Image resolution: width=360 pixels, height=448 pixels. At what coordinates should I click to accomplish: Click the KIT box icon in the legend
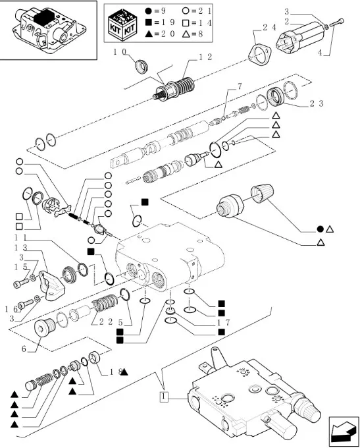click(122, 24)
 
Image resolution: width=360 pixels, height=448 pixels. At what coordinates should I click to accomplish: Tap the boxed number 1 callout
click(164, 397)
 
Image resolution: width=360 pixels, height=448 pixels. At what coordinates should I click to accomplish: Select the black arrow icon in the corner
click(344, 432)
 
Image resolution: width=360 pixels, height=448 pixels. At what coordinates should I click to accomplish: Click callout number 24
click(269, 27)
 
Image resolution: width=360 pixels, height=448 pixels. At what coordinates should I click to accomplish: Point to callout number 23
click(317, 103)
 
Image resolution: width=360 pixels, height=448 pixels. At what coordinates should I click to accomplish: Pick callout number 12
click(205, 57)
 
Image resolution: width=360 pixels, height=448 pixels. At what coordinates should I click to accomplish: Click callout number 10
click(120, 52)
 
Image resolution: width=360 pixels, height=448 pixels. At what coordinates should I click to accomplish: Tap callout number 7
click(240, 86)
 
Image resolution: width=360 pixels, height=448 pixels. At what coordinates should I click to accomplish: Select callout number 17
click(223, 323)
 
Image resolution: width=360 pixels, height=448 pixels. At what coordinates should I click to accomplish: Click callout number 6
click(24, 349)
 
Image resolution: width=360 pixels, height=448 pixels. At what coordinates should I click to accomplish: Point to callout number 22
click(106, 322)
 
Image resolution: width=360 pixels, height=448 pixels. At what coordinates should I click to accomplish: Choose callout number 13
click(20, 248)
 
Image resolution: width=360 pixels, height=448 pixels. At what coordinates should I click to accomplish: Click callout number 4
click(320, 53)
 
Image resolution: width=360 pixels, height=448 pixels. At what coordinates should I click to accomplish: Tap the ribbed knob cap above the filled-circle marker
click(262, 194)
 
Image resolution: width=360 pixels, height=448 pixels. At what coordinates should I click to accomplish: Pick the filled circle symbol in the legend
click(148, 11)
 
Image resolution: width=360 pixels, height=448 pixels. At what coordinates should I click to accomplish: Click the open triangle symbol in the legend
click(186, 34)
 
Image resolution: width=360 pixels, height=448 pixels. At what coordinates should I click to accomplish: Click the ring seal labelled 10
click(141, 67)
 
